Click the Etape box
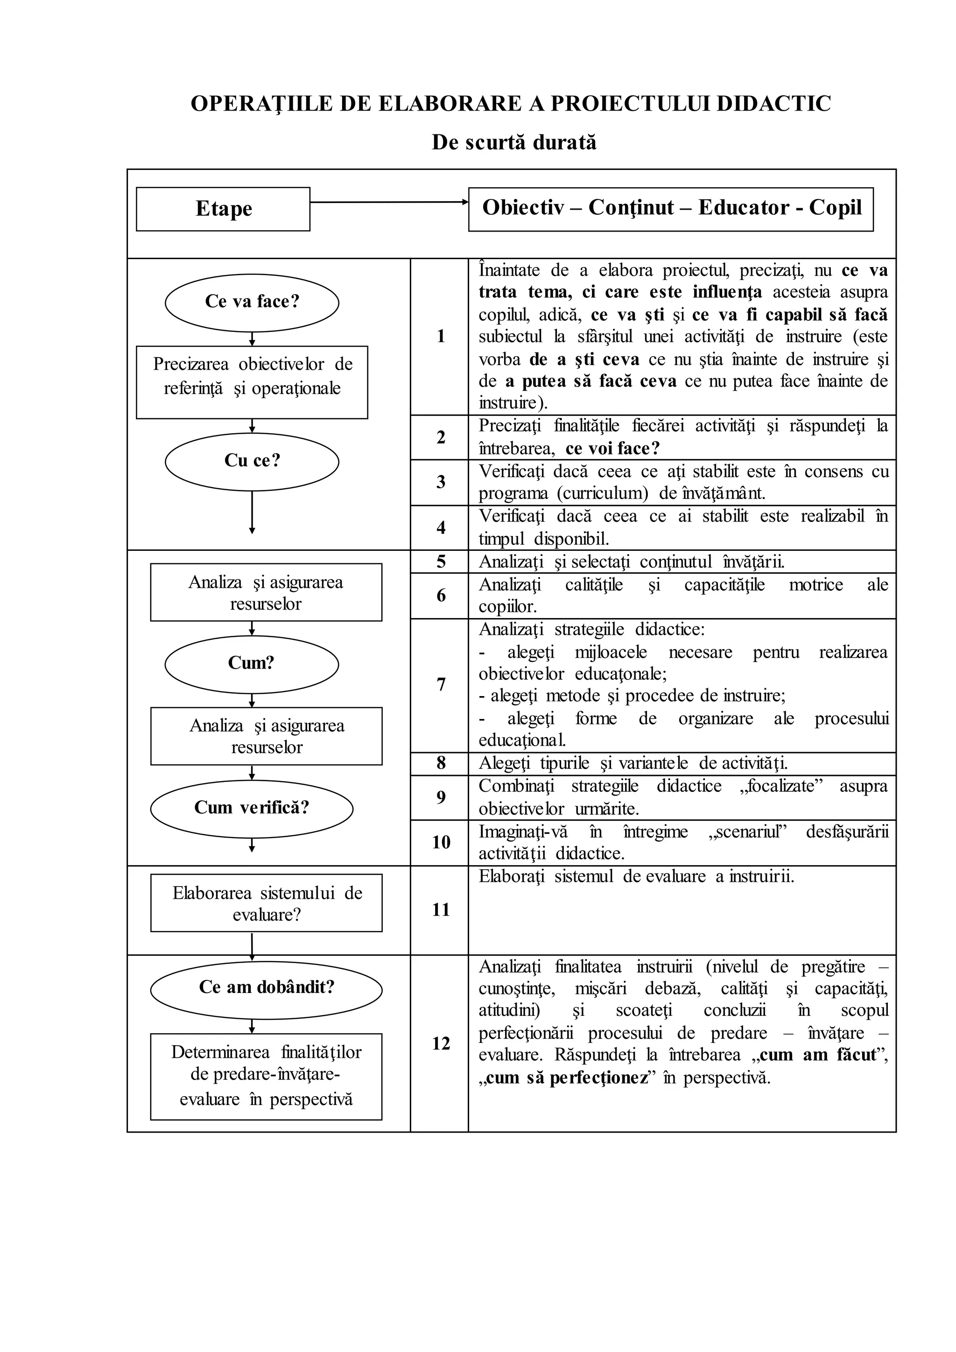(223, 209)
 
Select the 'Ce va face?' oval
(252, 302)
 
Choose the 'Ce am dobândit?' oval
(266, 987)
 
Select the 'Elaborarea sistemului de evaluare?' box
(266, 903)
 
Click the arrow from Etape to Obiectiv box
(388, 203)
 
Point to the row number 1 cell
(440, 336)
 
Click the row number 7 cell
(440, 685)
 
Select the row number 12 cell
(440, 1043)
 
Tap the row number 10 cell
(440, 843)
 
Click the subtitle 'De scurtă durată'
(514, 142)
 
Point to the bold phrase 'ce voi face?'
(612, 449)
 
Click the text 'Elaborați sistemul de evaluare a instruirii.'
(636, 877)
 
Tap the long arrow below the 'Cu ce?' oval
(252, 512)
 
